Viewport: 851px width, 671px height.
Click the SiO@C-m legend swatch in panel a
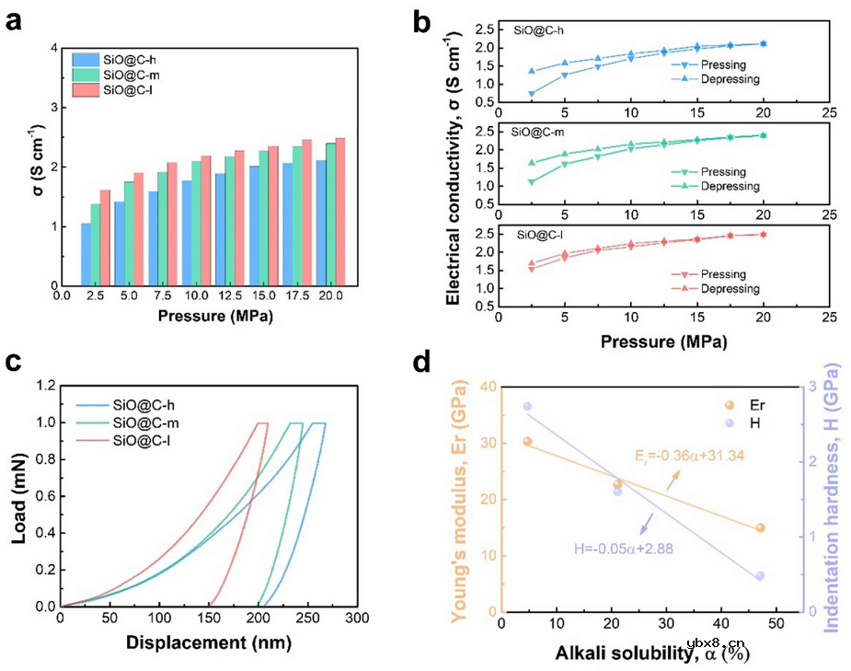(86, 75)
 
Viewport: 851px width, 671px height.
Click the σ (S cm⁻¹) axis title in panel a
(24, 166)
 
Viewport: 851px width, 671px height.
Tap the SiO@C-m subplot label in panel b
(539, 131)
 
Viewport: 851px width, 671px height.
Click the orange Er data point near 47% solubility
(760, 528)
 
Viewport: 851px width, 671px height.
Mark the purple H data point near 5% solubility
(527, 406)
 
